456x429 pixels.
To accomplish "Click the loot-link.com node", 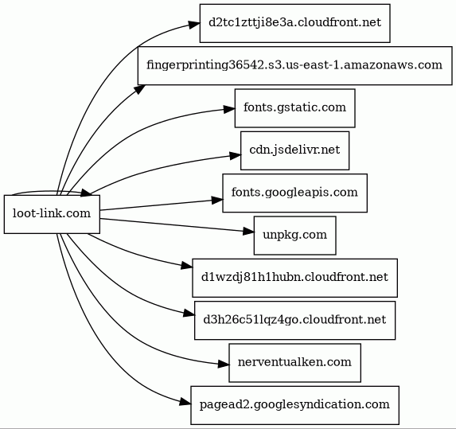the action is tap(52, 214).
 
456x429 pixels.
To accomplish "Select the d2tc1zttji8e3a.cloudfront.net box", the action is tap(294, 23).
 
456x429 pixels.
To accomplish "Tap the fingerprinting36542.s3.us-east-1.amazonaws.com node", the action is tap(294, 65).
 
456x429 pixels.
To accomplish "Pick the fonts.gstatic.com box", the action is tap(294, 108).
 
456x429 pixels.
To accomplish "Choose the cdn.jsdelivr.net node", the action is tap(294, 150).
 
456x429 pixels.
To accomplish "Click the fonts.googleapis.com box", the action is tap(294, 193).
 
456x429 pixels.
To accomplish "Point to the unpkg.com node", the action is tap(294, 236).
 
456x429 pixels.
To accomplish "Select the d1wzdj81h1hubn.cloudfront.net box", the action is tap(294, 278).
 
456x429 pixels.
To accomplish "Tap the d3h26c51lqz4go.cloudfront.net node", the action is tap(294, 320).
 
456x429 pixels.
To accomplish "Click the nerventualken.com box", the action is tap(294, 363).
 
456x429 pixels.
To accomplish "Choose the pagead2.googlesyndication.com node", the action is tap(294, 405).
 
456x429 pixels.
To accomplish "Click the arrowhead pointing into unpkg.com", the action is tap(248, 232).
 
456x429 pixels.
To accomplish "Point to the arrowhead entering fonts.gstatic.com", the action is tap(229, 110).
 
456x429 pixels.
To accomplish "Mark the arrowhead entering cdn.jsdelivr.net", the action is tap(235, 156).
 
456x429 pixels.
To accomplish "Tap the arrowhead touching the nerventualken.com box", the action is tap(224, 365).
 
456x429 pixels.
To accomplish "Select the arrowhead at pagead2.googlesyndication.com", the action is tap(185, 402).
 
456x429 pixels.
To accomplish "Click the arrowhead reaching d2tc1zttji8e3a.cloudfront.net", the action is tap(194, 25).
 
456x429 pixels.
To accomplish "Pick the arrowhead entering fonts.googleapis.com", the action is tap(217, 200).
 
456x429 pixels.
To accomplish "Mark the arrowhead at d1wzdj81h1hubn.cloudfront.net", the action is tap(187, 266).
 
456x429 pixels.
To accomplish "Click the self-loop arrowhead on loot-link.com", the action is tap(86, 193).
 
